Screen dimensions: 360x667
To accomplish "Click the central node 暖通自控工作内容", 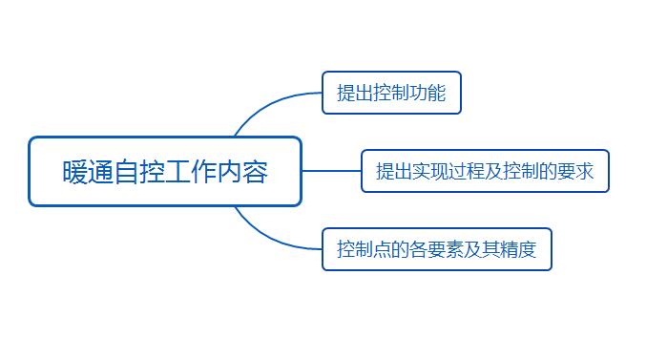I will (165, 172).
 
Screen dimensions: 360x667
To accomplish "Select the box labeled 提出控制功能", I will (391, 93).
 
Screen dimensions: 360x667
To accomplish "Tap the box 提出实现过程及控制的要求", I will (485, 171).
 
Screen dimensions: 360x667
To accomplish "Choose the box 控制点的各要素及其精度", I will (436, 250).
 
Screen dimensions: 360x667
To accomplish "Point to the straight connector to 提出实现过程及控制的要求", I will (331, 171).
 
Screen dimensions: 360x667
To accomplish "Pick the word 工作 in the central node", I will (199, 173).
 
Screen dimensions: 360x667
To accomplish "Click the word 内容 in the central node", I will (254, 173).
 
